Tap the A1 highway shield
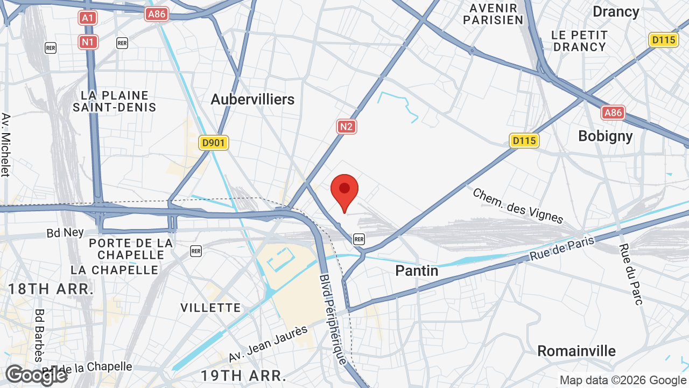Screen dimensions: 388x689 click(x=88, y=18)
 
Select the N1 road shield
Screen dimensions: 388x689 click(x=88, y=41)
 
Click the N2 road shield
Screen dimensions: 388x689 click(x=347, y=127)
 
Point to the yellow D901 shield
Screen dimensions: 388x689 click(x=214, y=143)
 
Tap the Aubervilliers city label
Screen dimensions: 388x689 click(x=252, y=99)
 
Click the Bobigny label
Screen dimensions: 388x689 click(x=606, y=136)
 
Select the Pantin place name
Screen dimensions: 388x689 click(x=417, y=271)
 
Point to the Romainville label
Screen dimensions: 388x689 click(x=576, y=351)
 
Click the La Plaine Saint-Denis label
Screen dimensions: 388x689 click(x=115, y=101)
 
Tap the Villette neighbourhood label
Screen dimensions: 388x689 click(x=210, y=308)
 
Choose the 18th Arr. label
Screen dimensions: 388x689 click(x=51, y=289)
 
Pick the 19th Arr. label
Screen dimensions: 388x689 click(x=243, y=375)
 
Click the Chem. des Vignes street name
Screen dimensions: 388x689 click(x=518, y=205)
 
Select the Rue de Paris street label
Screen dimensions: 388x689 click(x=562, y=248)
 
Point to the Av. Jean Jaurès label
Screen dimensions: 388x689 click(x=268, y=344)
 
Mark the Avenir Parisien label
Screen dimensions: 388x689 click(x=496, y=14)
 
